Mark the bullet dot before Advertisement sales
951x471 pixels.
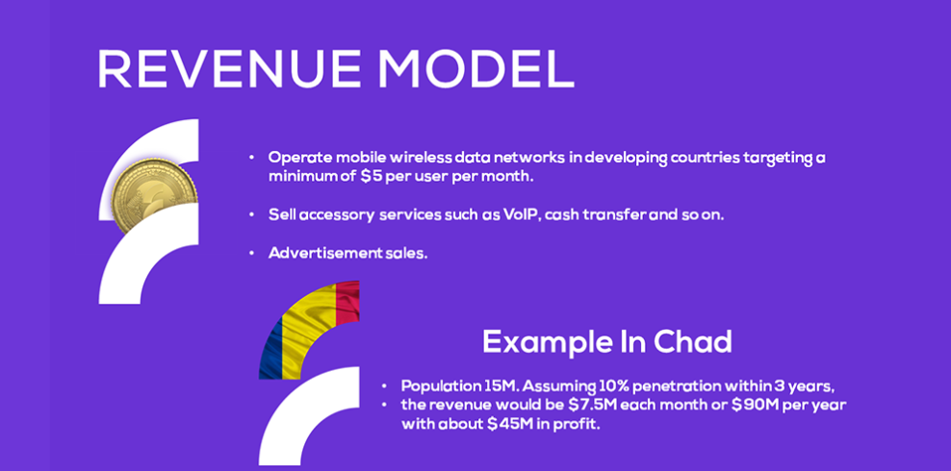point(251,253)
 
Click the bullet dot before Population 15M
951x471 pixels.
point(384,385)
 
